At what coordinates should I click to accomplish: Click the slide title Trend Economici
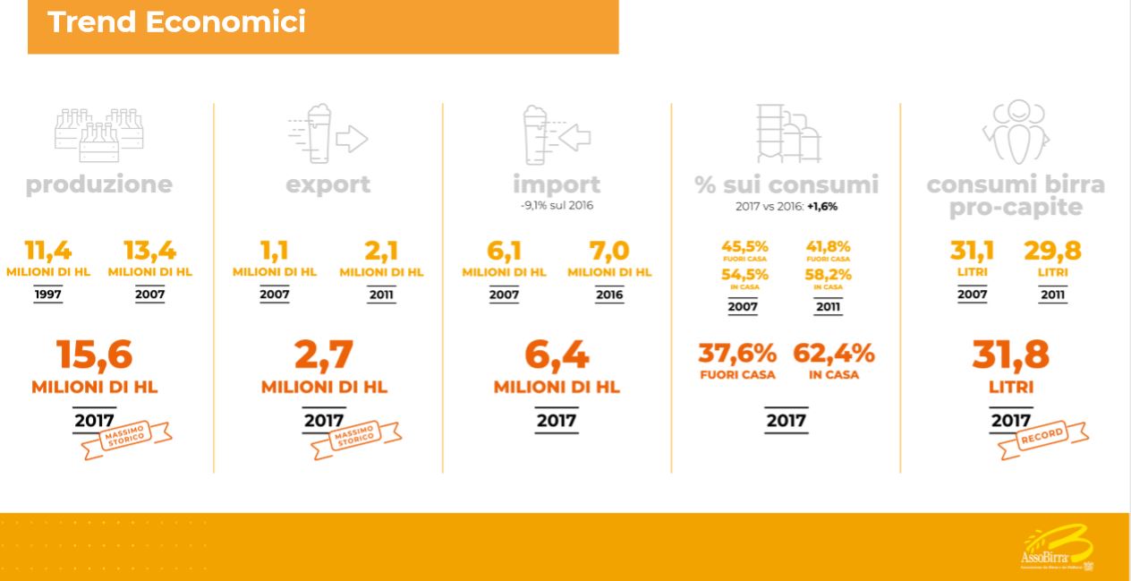click(176, 21)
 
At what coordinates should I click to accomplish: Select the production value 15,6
click(95, 355)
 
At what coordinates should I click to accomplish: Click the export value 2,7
click(324, 355)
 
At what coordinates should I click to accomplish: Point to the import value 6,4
click(557, 355)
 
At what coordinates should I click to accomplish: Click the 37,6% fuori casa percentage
click(737, 355)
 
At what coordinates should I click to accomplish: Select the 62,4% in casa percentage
click(833, 355)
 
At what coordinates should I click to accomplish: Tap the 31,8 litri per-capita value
click(1011, 355)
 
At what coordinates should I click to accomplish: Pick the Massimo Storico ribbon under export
click(353, 437)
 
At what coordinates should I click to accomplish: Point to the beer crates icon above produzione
click(98, 135)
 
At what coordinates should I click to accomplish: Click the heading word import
click(557, 184)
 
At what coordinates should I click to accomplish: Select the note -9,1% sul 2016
click(557, 206)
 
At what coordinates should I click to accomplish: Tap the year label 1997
click(48, 295)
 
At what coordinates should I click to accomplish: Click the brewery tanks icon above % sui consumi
click(787, 132)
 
